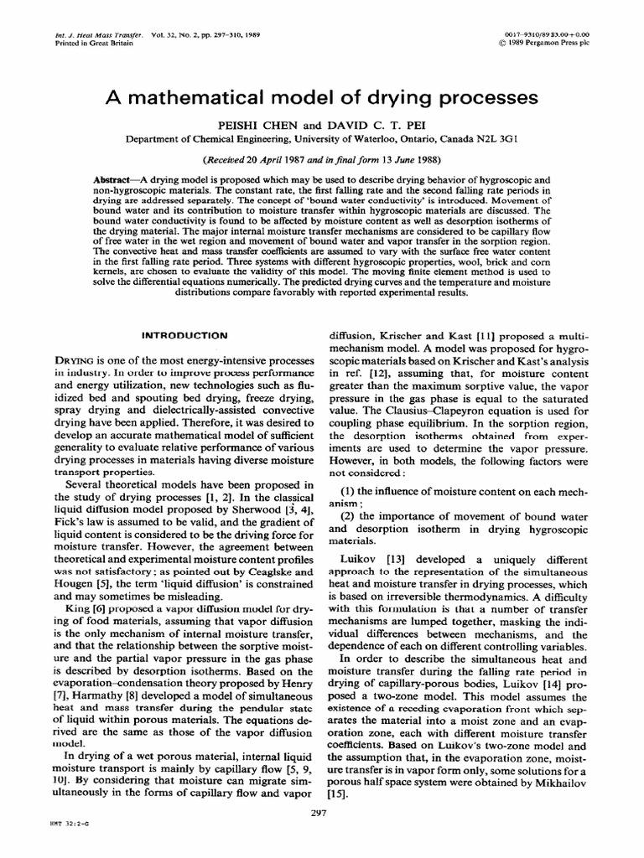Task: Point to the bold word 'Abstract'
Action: [x=117, y=180]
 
